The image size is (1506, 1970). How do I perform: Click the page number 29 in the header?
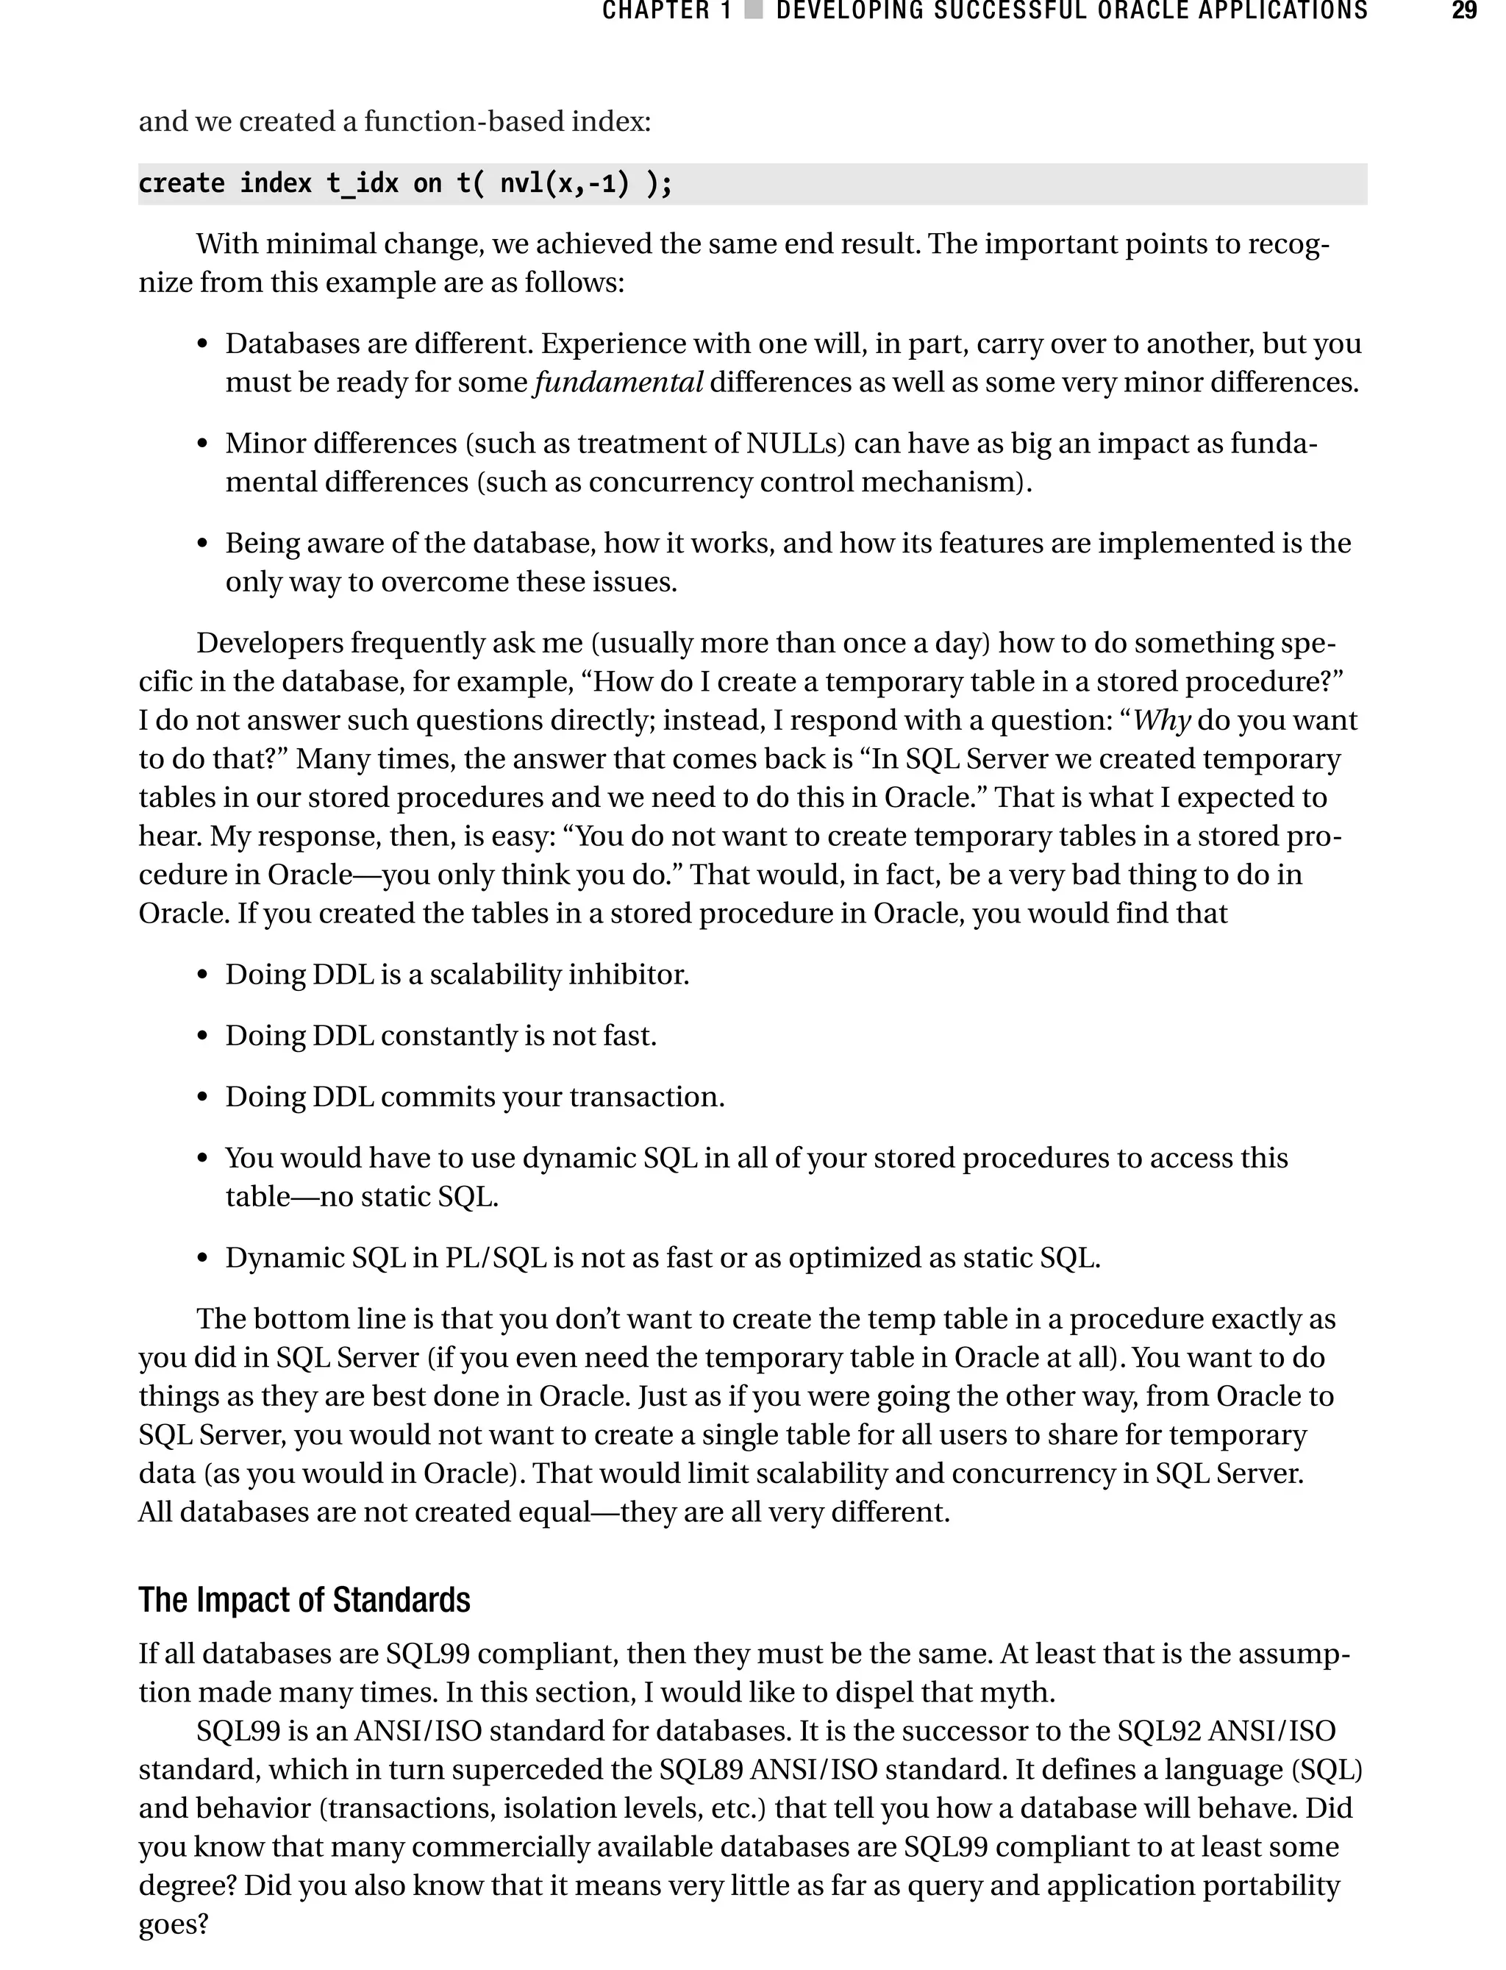(x=1464, y=11)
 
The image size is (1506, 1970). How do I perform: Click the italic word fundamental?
(x=618, y=383)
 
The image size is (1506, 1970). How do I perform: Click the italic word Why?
(x=1162, y=721)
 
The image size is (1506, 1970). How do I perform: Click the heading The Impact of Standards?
(x=304, y=1601)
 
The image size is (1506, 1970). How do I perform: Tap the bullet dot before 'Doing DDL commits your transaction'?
(x=203, y=1098)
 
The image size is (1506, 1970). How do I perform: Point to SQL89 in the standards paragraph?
(x=700, y=1770)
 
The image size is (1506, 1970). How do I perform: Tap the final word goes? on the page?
(x=173, y=1925)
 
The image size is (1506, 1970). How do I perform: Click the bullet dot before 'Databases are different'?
(x=203, y=345)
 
